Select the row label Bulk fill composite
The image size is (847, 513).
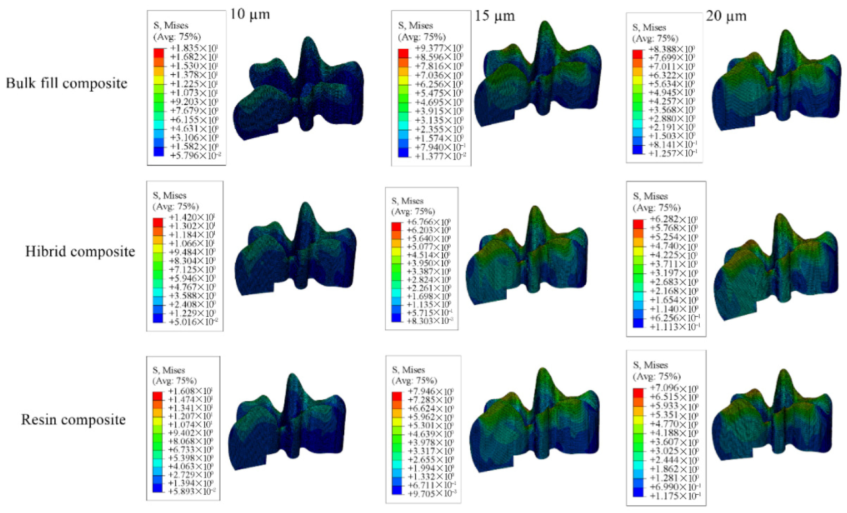tap(67, 83)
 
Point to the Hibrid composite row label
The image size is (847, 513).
tap(80, 251)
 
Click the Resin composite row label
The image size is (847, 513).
tap(73, 420)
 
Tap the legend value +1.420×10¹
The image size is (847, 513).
tap(192, 217)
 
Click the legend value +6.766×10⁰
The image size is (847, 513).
tap(428, 222)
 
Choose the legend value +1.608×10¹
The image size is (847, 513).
tap(190, 391)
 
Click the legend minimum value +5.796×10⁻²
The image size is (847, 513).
tap(195, 155)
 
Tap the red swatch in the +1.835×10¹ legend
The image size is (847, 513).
tap(159, 53)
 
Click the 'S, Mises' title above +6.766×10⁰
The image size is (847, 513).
tap(407, 201)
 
